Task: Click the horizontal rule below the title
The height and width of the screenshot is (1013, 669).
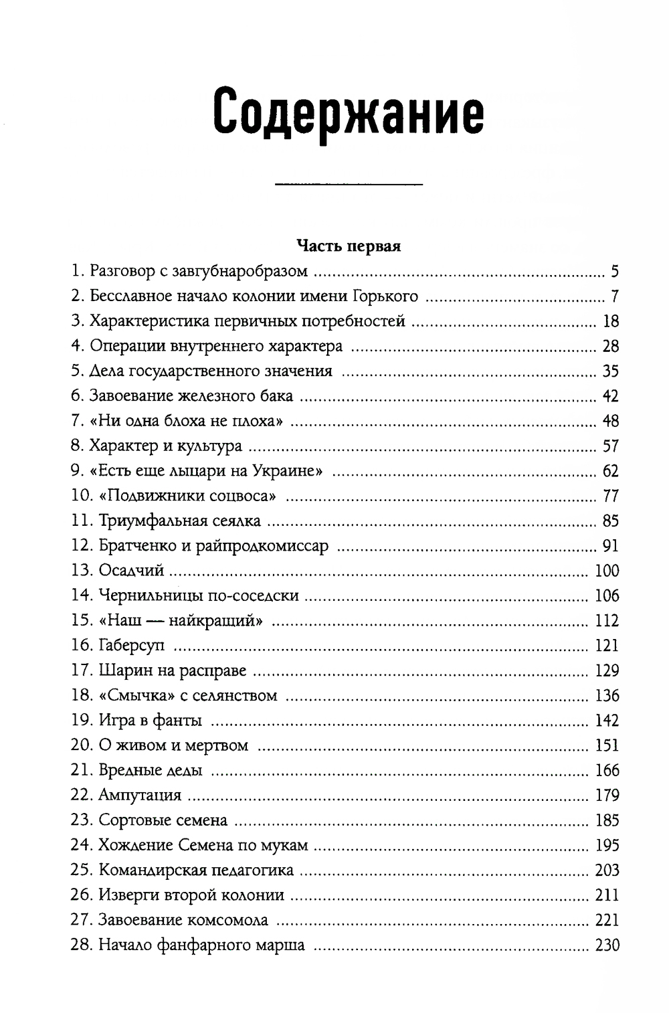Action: (x=349, y=183)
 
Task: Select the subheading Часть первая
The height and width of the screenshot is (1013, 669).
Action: (x=349, y=246)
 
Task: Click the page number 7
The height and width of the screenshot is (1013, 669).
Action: (x=615, y=296)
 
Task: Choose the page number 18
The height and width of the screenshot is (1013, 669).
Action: (x=611, y=321)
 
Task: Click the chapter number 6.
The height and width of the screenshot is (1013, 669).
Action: (x=76, y=396)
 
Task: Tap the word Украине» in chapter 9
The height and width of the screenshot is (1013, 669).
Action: (x=288, y=471)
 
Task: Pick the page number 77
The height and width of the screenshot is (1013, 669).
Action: (x=611, y=496)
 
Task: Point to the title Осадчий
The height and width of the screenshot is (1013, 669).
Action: (x=131, y=571)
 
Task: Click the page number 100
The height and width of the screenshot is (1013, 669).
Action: (x=607, y=571)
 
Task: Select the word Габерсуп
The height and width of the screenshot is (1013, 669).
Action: (x=131, y=646)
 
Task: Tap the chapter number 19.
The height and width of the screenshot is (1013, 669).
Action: (x=80, y=721)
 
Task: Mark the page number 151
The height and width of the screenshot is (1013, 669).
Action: (x=607, y=745)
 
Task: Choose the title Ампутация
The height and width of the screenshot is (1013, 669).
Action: (x=140, y=796)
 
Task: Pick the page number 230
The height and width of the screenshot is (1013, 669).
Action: (x=607, y=945)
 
